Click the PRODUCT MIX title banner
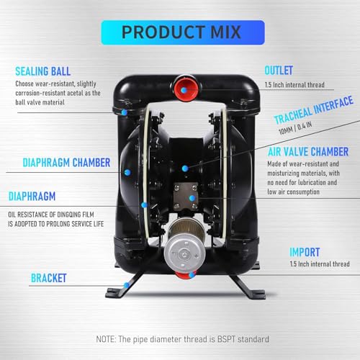[x=183, y=32]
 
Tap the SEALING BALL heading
[x=43, y=71]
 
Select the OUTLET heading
[x=279, y=71]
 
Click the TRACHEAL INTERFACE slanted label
[x=314, y=109]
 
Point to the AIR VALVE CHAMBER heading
[x=308, y=152]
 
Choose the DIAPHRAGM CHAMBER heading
[x=66, y=163]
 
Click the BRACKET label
[x=49, y=278]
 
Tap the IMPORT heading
[x=305, y=252]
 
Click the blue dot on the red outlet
[x=184, y=91]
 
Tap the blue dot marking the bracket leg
[x=126, y=285]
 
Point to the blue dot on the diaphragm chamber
[x=127, y=172]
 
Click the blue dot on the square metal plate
[x=192, y=198]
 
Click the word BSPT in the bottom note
[x=226, y=339]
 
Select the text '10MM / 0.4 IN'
[x=295, y=128]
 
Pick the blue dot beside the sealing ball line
[x=124, y=112]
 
